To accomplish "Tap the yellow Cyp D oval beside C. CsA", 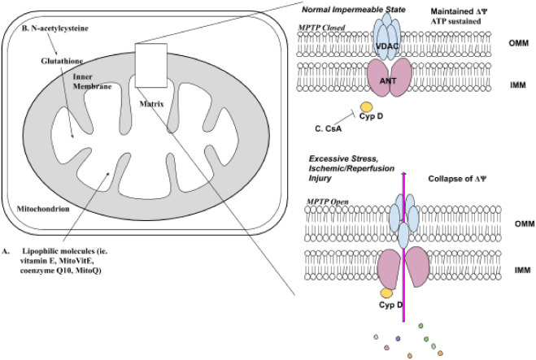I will [366, 106].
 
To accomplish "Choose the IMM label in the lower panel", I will [510, 266].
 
